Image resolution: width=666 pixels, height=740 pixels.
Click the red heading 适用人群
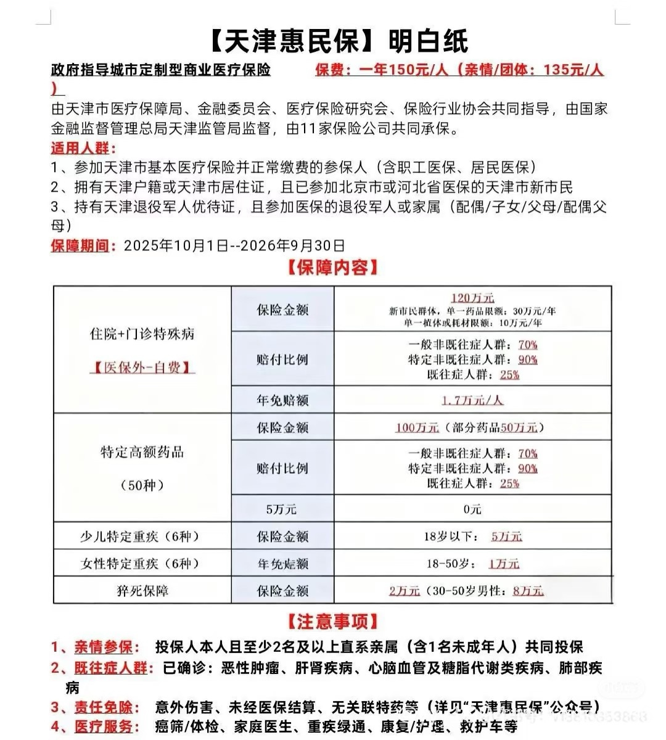click(x=83, y=149)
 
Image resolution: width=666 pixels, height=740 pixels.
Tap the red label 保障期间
click(x=83, y=245)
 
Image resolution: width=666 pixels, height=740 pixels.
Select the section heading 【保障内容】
click(x=332, y=268)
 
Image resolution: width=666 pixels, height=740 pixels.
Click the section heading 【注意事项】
click(x=332, y=621)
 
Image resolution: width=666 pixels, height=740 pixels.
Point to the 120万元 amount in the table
click(x=472, y=298)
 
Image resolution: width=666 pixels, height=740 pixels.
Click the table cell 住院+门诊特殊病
click(x=142, y=334)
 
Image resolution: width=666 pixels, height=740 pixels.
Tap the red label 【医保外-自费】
click(x=142, y=368)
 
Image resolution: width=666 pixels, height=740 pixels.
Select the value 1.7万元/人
click(x=472, y=400)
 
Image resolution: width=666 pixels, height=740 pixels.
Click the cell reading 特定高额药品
click(x=142, y=452)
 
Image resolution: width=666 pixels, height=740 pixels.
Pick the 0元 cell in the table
click(x=472, y=509)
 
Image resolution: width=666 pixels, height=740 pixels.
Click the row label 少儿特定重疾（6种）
click(x=142, y=536)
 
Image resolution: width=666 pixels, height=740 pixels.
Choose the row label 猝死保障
click(x=142, y=591)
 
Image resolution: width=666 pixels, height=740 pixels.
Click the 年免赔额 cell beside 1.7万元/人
click(x=282, y=400)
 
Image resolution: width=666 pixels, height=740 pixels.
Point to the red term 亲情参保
click(x=104, y=647)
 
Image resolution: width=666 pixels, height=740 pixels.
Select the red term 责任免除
click(x=104, y=707)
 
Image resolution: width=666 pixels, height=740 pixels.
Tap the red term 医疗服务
click(x=104, y=726)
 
